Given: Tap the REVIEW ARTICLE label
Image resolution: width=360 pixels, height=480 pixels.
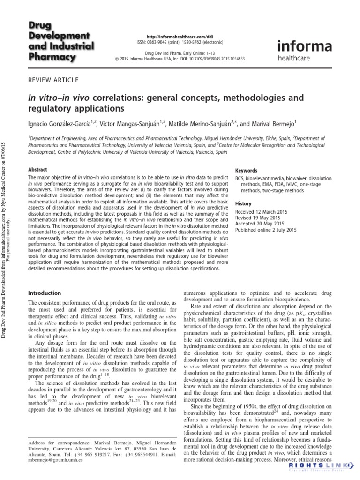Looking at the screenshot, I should (53, 80).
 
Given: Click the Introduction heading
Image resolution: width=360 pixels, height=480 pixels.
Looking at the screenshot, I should (45, 293).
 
